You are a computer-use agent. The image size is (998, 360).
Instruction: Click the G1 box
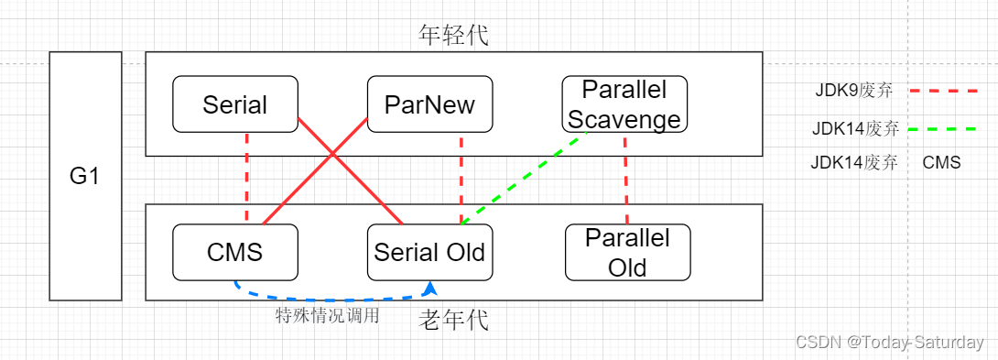[85, 176]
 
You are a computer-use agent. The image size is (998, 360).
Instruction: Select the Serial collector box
[235, 104]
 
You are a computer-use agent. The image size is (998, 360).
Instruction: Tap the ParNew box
[429, 104]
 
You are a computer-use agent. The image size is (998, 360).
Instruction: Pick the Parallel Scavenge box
[624, 104]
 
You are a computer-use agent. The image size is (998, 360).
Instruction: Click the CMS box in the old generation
[235, 251]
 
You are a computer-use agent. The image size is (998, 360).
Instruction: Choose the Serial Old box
[429, 251]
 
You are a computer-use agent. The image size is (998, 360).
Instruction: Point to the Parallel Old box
[627, 252]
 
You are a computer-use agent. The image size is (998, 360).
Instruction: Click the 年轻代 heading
[453, 36]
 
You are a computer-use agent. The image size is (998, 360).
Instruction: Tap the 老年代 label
[453, 320]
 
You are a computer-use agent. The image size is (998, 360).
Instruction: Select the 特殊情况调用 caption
[327, 316]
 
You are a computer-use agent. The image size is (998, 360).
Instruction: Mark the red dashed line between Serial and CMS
[247, 178]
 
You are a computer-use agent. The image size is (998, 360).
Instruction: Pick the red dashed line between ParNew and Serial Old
[461, 178]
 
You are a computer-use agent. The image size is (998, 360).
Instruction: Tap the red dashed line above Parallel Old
[626, 178]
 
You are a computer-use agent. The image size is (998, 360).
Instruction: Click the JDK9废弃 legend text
[853, 91]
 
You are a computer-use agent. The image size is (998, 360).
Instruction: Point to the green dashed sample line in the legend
[943, 129]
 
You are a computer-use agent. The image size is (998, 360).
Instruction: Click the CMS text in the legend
[941, 163]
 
